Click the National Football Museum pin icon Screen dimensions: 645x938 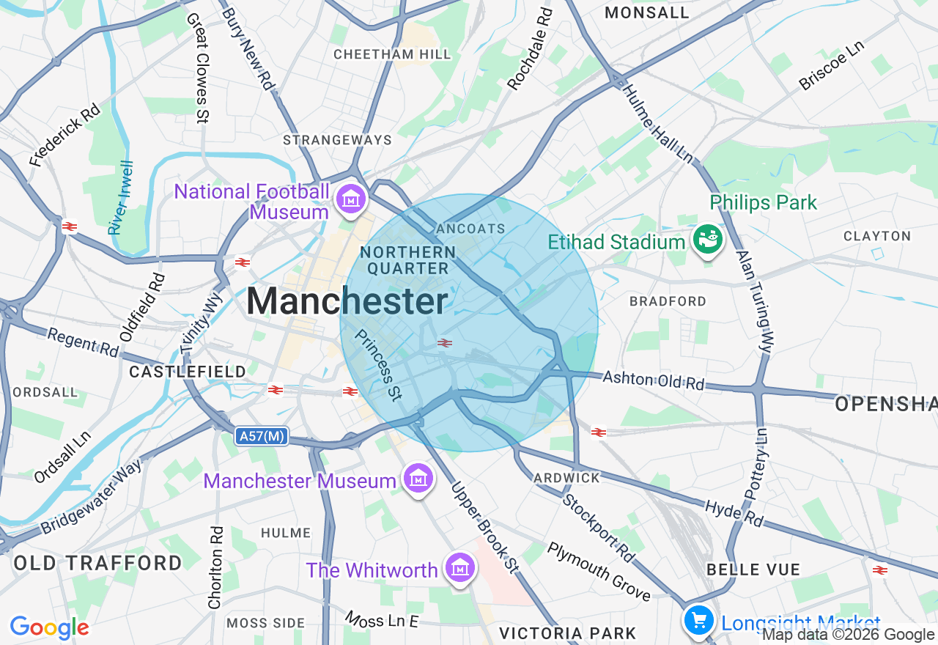coord(350,199)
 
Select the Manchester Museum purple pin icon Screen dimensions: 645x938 coord(418,479)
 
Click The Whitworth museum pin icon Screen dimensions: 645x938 coord(459,568)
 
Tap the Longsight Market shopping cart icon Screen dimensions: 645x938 coord(698,622)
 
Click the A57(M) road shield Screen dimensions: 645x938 coord(262,437)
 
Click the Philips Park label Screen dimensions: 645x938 coord(763,202)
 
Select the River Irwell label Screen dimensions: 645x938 coord(122,198)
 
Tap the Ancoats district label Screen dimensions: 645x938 coord(470,229)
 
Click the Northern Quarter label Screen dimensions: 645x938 coord(408,260)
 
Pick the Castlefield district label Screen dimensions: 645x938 coord(188,372)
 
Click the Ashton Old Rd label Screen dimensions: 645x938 coord(653,380)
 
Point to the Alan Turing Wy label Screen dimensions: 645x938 coord(755,302)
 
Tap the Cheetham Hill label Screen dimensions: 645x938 coord(392,54)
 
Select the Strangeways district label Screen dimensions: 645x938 coord(337,139)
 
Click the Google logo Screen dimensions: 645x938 coord(49,627)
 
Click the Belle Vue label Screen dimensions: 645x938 coord(753,570)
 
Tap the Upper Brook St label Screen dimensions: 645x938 coord(484,526)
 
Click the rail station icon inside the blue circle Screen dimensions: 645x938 coord(444,342)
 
